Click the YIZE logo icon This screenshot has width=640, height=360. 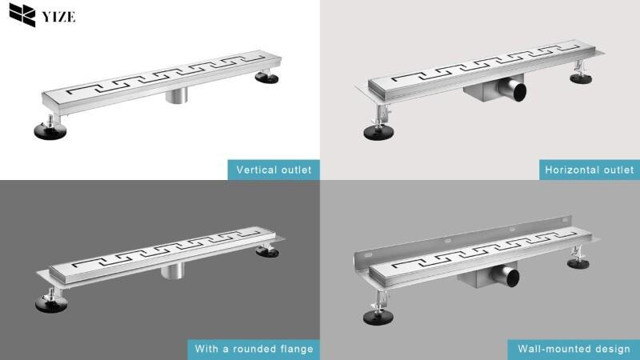click(22, 14)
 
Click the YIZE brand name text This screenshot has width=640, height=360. click(58, 17)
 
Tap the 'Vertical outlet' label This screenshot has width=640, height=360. click(274, 170)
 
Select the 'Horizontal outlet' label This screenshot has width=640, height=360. click(590, 170)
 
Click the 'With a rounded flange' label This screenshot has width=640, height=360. click(254, 349)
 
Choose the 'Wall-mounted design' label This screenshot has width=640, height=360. click(574, 349)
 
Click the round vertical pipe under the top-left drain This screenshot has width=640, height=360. click(177, 95)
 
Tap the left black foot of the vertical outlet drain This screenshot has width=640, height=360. click(50, 131)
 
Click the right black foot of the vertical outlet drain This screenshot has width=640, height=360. click(267, 78)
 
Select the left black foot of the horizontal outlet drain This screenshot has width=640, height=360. click(378, 132)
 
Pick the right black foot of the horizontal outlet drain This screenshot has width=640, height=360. click(581, 78)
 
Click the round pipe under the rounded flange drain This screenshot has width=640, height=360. click(173, 271)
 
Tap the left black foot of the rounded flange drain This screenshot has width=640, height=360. click(51, 304)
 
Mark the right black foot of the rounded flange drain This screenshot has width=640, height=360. click(267, 252)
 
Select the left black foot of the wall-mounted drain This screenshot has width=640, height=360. click(378, 317)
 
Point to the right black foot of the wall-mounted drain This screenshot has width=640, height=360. click(578, 263)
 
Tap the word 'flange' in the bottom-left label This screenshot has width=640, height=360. click(296, 349)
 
